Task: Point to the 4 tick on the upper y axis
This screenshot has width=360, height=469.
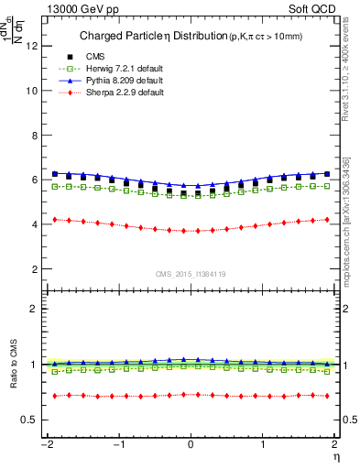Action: tap(34, 224)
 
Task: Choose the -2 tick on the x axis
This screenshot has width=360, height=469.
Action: tap(45, 444)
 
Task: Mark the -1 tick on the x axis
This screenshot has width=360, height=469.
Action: tap(117, 444)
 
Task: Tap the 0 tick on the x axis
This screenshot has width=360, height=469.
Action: tap(191, 444)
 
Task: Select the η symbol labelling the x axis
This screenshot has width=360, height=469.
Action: tap(336, 455)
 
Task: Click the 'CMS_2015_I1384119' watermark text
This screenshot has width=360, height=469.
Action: tap(191, 274)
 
